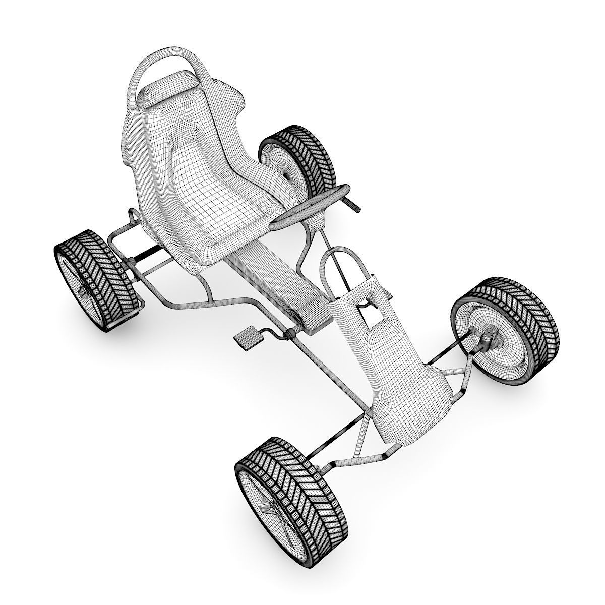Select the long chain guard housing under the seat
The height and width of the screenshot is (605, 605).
pos(282,287)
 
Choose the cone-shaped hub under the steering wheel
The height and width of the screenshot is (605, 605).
pos(316,221)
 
